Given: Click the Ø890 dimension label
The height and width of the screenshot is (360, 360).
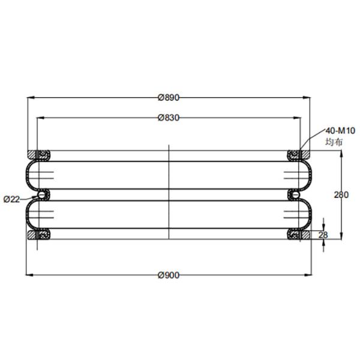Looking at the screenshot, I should [x=169, y=97].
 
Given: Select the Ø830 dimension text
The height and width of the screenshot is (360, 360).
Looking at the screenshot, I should [x=169, y=118].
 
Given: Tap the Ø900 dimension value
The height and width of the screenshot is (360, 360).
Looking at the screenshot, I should [x=169, y=275].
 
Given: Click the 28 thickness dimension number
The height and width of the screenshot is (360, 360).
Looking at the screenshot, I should [x=323, y=235].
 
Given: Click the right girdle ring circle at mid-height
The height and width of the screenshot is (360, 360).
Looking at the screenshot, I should [x=295, y=195].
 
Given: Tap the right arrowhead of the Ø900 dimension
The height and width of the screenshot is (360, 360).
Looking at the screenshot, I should [x=310, y=275].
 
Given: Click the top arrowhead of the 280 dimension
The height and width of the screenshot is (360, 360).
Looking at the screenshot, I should [x=342, y=153].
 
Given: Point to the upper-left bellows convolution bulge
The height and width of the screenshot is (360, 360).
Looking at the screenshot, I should [x=29, y=175].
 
